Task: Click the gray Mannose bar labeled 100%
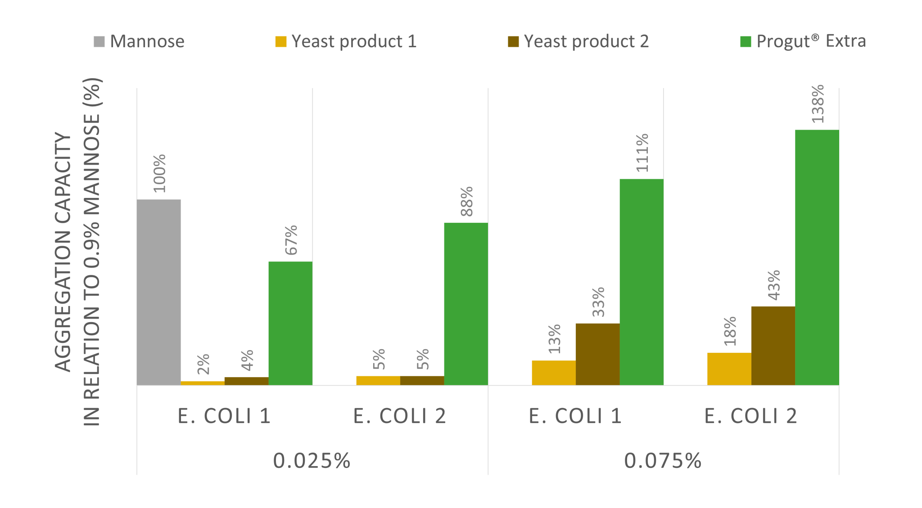click(x=158, y=292)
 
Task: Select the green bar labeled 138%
click(x=817, y=257)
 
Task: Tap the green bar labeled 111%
click(x=641, y=282)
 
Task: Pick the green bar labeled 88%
click(x=466, y=304)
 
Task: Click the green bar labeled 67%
click(x=290, y=323)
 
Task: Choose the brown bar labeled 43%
click(x=773, y=345)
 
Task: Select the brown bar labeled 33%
click(x=597, y=354)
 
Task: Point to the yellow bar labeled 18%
click(x=729, y=369)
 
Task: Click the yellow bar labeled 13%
click(x=553, y=373)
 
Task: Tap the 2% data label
click(x=203, y=364)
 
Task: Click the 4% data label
click(x=247, y=360)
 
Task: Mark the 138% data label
click(x=818, y=103)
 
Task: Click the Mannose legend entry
click(x=139, y=41)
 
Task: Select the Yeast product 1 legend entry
click(x=346, y=41)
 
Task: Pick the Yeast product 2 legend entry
click(x=578, y=41)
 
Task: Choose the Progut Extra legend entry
click(x=803, y=41)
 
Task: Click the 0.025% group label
click(x=312, y=460)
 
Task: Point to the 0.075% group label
click(x=663, y=460)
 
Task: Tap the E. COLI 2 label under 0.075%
click(x=750, y=415)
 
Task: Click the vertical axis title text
click(x=78, y=252)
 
